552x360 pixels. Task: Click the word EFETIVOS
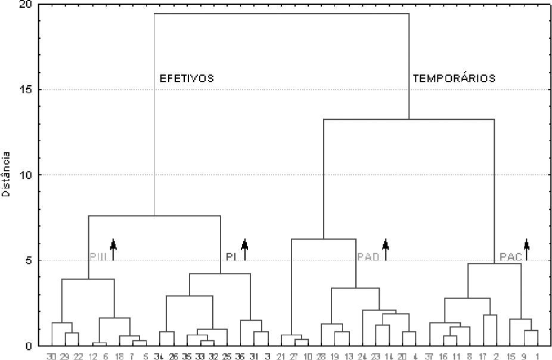[187, 78]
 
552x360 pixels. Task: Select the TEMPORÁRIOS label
[454, 78]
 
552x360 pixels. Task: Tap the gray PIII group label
[98, 256]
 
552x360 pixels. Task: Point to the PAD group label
[368, 256]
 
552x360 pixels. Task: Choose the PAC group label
[511, 256]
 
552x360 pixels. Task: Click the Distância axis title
[6, 175]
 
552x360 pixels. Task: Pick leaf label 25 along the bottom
[227, 355]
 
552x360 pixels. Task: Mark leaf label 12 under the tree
[92, 355]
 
